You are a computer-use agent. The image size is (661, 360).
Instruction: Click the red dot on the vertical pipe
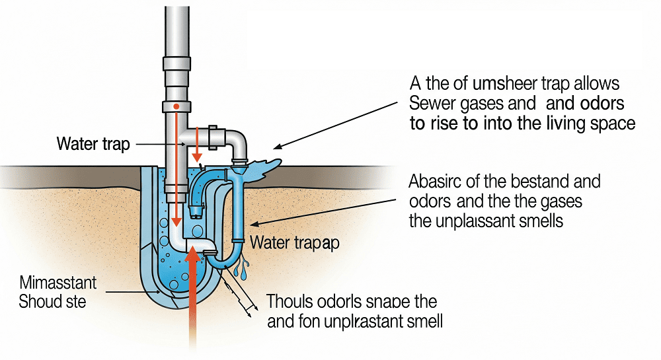[176, 106]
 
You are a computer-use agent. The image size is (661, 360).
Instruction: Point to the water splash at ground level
[264, 165]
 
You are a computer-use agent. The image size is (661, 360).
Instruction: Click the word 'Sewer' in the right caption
[430, 104]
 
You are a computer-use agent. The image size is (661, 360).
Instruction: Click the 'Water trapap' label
[295, 242]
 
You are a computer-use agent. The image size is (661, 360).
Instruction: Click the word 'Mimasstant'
[58, 284]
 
